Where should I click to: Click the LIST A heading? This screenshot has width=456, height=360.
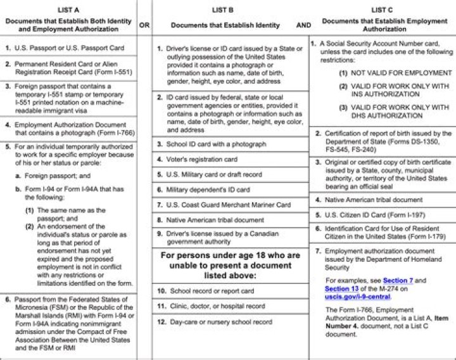(68, 10)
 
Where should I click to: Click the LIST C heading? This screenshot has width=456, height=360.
(382, 10)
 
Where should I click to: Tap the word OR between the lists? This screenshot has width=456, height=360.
(144, 25)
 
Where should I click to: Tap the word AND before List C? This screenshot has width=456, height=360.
(303, 25)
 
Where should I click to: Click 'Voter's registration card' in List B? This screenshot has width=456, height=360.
(201, 159)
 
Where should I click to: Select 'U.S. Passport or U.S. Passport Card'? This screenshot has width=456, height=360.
(69, 48)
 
